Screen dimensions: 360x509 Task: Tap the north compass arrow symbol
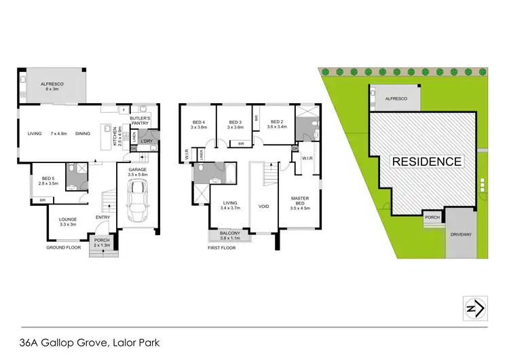coord(473,308)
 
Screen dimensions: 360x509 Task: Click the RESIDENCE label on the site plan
coord(426,162)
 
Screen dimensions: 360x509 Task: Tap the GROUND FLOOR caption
coord(64,247)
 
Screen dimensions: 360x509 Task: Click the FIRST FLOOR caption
coord(223,247)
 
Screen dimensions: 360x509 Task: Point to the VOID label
coord(264,206)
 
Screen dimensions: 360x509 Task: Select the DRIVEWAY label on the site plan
coord(463,233)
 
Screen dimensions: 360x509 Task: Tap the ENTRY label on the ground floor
coord(103,217)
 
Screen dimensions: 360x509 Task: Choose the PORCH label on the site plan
coord(432,218)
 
